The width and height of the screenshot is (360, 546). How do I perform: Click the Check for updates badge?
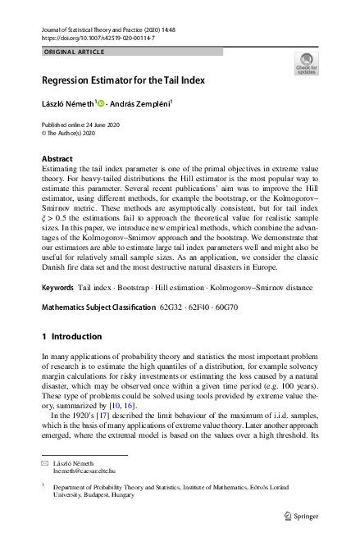click(x=305, y=64)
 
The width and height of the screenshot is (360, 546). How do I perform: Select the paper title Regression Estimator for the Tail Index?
click(x=123, y=80)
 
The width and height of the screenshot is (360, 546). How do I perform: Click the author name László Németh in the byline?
click(x=68, y=104)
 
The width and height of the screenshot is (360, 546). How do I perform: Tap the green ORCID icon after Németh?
click(x=103, y=104)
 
